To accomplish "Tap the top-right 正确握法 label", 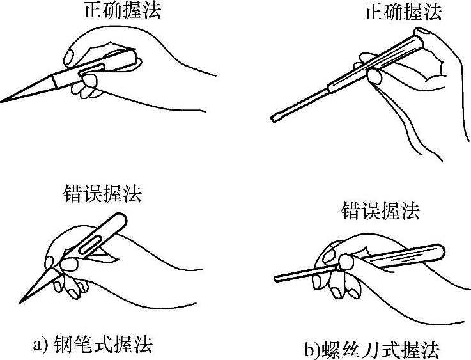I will pos(402,12).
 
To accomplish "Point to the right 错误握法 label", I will pos(382,211).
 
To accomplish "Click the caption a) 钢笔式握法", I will pos(93,345).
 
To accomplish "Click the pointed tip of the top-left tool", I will pos(3,101).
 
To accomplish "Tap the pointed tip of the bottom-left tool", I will pos(21,301).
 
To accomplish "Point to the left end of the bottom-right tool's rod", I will pos(275,279).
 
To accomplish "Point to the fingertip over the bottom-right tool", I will pos(347,261).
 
